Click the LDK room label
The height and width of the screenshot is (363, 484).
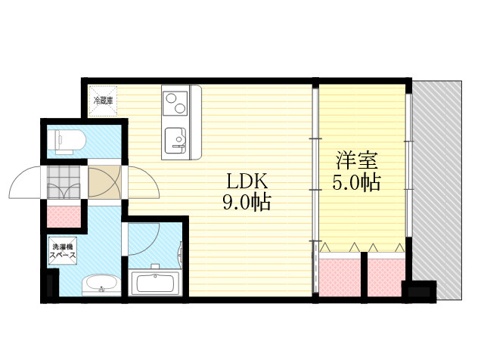pyautogui.click(x=247, y=181)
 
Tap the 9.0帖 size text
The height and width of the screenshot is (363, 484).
pyautogui.click(x=247, y=202)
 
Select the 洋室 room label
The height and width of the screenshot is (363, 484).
pyautogui.click(x=357, y=160)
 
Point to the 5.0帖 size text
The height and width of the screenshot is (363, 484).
pyautogui.click(x=356, y=182)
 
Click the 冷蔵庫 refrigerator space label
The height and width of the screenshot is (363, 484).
pyautogui.click(x=103, y=101)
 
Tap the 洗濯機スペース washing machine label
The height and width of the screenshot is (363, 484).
pyautogui.click(x=63, y=251)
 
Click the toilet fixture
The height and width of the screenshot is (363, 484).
pyautogui.click(x=66, y=141)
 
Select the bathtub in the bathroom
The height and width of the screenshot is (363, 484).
pyautogui.click(x=155, y=283)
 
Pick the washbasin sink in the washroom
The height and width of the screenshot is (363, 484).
pyautogui.click(x=101, y=284)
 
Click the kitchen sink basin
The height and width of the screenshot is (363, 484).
pyautogui.click(x=175, y=141)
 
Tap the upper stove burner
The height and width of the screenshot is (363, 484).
pyautogui.click(x=171, y=98)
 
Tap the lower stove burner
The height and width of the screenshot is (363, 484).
pyautogui.click(x=180, y=108)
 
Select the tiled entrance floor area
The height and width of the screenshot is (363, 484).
pyautogui.click(x=64, y=182)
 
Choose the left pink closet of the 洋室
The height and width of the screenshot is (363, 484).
pyautogui.click(x=340, y=278)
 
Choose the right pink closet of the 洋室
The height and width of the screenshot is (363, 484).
pyautogui.click(x=386, y=278)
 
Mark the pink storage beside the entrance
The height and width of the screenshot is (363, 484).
pyautogui.click(x=64, y=217)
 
